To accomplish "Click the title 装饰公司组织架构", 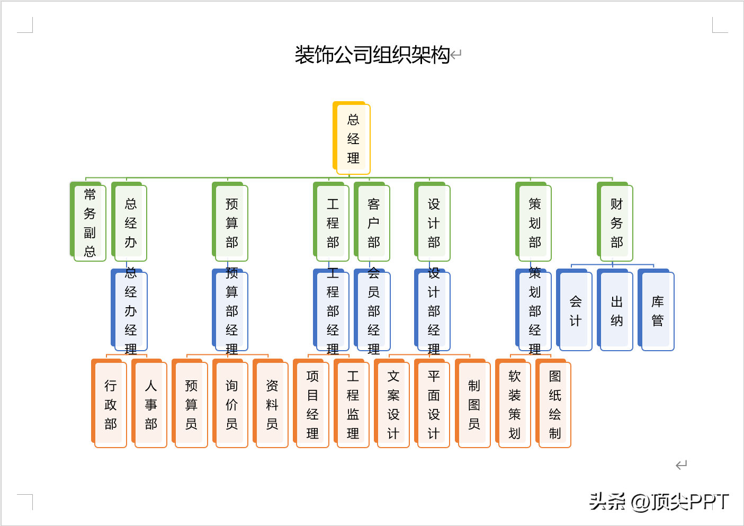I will [x=372, y=55].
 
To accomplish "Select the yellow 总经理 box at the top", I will [x=353, y=139].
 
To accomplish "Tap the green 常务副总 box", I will [x=89, y=222].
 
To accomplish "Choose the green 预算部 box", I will [x=231, y=223].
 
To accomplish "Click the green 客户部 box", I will [x=373, y=223].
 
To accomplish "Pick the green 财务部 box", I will [x=616, y=223].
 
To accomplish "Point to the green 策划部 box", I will [x=535, y=223].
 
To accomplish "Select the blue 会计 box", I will [x=576, y=311].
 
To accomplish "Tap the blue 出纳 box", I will [x=616, y=311].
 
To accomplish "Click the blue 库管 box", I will [x=657, y=311].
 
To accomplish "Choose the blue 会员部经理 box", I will [x=373, y=311].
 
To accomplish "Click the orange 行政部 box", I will [x=110, y=405].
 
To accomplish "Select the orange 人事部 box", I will [x=151, y=405].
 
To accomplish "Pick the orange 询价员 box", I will [x=231, y=405].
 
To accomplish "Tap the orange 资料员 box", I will [x=272, y=405].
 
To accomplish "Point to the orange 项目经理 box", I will [x=312, y=405].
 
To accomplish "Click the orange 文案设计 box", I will [x=393, y=405].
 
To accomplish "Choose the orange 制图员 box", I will [x=474, y=405].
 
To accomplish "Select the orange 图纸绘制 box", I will [x=554, y=405].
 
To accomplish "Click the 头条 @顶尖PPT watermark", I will [x=659, y=501].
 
